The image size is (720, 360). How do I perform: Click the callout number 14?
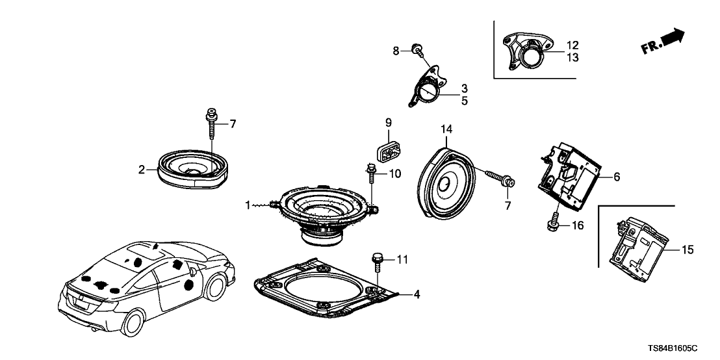(446, 130)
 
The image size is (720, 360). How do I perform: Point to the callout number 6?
(617, 176)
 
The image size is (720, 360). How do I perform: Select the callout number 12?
(572, 46)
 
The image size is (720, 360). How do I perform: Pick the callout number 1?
(247, 205)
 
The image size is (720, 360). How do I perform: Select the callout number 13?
(572, 58)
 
